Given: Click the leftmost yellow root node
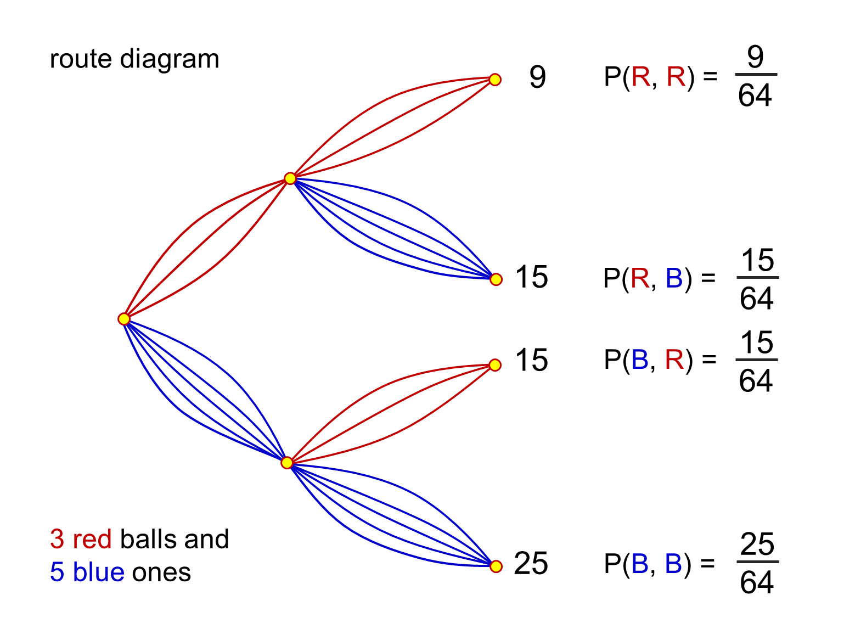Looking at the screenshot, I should (124, 319).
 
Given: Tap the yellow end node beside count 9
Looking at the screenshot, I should (495, 80).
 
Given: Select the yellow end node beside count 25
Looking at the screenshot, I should (496, 566).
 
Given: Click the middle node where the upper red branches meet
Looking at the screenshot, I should (290, 178).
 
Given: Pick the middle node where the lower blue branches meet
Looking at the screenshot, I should (287, 463).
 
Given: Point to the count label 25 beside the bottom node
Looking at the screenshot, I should (531, 564).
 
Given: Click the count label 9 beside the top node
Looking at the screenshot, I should (538, 77).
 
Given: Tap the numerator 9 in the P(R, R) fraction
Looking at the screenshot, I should (756, 57).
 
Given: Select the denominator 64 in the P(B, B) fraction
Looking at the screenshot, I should (757, 583).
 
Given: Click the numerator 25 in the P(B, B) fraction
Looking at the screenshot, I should (757, 544).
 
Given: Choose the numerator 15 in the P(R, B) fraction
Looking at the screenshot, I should (757, 260).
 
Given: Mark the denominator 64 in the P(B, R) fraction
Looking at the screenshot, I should (756, 381).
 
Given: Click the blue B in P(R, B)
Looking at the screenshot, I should (674, 279).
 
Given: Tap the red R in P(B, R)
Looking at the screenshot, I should (674, 360).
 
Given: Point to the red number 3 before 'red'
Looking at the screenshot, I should (57, 540).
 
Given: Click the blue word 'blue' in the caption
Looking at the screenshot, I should (99, 572).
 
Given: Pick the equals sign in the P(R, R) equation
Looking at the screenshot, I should (710, 77).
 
